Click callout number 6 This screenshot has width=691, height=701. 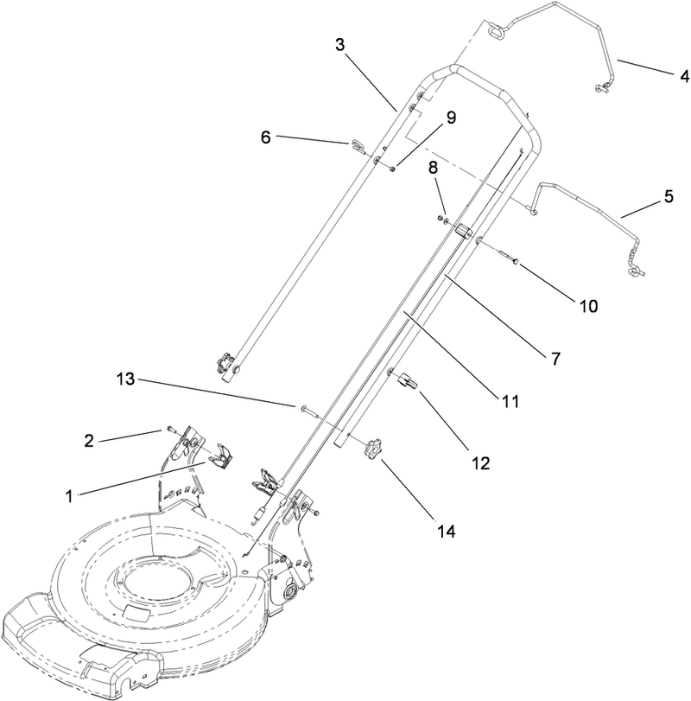[x=266, y=137]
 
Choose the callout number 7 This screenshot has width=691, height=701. [x=548, y=357]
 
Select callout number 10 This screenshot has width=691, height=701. [x=587, y=305]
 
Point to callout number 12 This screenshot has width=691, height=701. [x=479, y=462]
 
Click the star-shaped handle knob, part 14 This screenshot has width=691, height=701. [x=373, y=448]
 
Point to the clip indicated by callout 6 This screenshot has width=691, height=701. [x=358, y=145]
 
